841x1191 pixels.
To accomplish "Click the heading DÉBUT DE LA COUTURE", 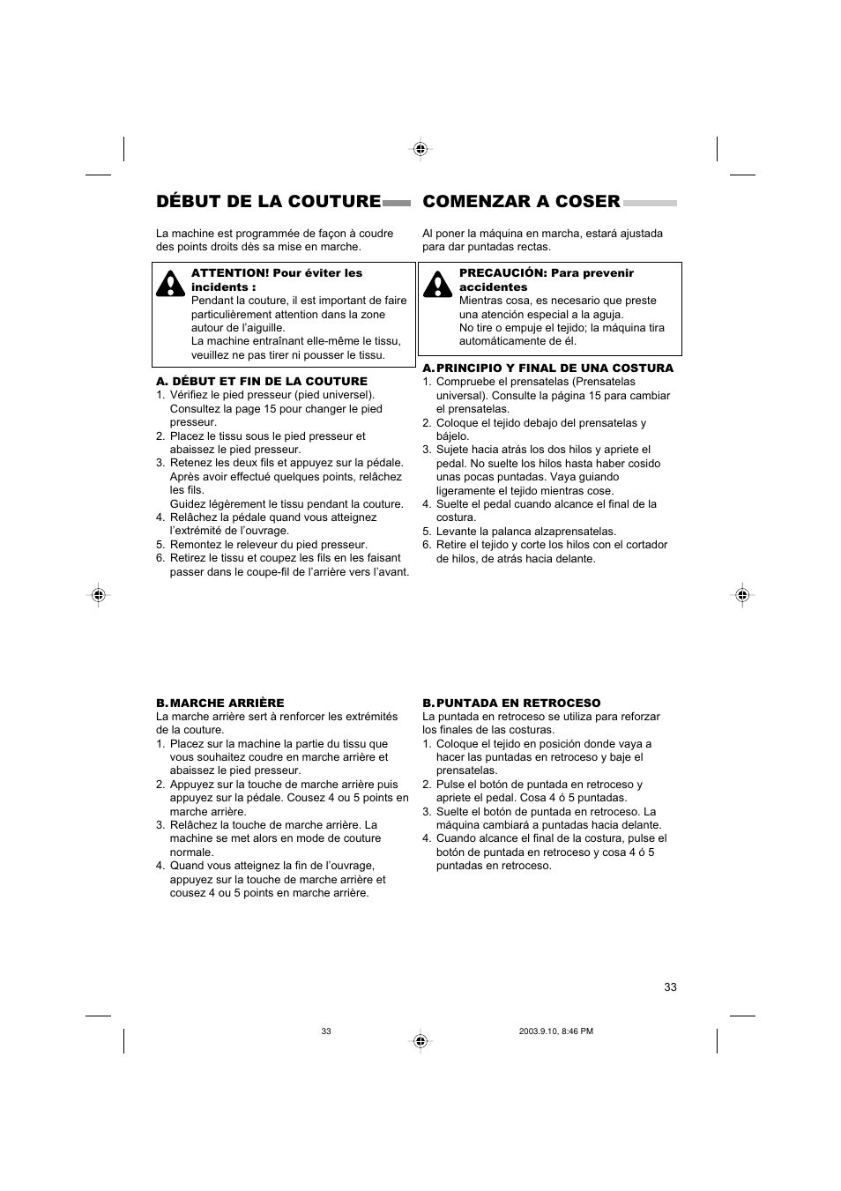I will tap(268, 202).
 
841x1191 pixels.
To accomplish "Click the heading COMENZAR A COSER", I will tap(521, 202).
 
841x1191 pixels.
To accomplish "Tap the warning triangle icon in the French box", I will tap(170, 282).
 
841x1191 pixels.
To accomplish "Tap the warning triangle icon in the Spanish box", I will tap(436, 282).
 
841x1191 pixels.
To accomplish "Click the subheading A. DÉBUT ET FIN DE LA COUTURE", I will tap(262, 382).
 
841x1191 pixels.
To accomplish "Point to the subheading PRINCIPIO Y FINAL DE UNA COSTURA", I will tap(554, 368).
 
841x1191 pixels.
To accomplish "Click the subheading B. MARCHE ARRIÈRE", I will tap(220, 703).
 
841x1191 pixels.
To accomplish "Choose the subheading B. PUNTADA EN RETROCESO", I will tap(511, 703).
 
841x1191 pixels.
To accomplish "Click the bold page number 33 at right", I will tap(670, 987).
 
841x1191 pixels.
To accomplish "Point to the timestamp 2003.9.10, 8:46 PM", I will tap(556, 1031).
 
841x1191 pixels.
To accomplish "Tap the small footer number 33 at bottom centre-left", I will tap(326, 1031).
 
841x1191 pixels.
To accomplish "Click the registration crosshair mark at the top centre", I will tap(420, 149).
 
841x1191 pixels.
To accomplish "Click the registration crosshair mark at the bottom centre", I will tap(420, 1041).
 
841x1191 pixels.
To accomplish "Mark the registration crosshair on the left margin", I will tap(99, 595).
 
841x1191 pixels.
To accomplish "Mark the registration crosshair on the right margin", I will tap(742, 595).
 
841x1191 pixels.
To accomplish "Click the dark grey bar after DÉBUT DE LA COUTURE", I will tap(397, 203).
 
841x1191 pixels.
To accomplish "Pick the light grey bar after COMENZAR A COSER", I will tap(650, 203).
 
